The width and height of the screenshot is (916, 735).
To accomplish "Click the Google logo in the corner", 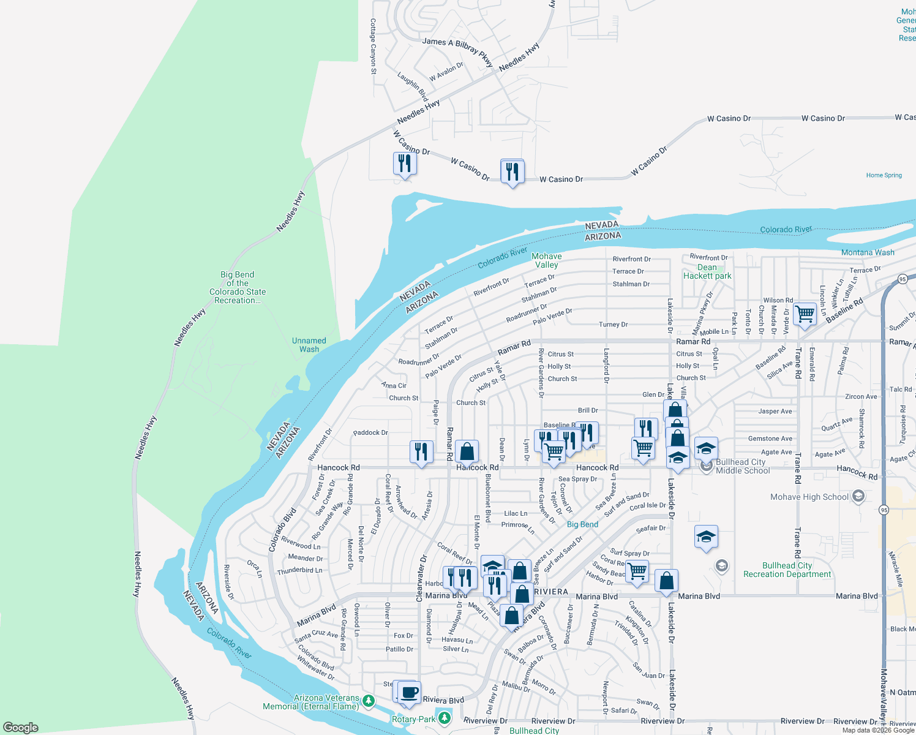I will pyautogui.click(x=21, y=728).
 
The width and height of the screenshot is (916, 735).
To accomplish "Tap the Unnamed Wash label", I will pyautogui.click(x=309, y=345).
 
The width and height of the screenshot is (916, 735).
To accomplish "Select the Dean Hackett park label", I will pyautogui.click(x=707, y=272).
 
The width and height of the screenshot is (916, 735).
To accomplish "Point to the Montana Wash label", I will pyautogui.click(x=868, y=252).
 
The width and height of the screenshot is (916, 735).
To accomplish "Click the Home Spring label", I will pyautogui.click(x=884, y=175).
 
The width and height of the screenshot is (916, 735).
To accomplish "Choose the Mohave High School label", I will pyautogui.click(x=809, y=497).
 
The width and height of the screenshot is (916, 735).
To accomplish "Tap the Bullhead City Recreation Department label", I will pyautogui.click(x=787, y=570).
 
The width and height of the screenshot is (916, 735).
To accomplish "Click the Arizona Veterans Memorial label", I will pyautogui.click(x=311, y=702).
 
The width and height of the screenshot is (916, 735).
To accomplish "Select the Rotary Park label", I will pyautogui.click(x=413, y=719).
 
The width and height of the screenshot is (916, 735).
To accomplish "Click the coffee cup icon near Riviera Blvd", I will pyautogui.click(x=409, y=692).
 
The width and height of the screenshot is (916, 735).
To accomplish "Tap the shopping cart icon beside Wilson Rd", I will pyautogui.click(x=805, y=314).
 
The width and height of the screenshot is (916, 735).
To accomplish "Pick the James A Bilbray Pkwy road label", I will pyautogui.click(x=457, y=50).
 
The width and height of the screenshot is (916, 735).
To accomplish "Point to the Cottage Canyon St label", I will pyautogui.click(x=373, y=47).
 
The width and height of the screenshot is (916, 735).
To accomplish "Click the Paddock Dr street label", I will pyautogui.click(x=370, y=432).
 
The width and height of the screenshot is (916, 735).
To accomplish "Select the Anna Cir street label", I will pyautogui.click(x=394, y=385).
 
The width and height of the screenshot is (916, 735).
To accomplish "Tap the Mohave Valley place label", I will pyautogui.click(x=547, y=260).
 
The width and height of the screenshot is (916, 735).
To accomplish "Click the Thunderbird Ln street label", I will pyautogui.click(x=299, y=570).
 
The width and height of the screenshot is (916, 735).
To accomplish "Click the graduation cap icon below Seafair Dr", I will pyautogui.click(x=706, y=537).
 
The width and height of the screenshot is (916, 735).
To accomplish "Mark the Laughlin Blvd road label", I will pyautogui.click(x=413, y=86).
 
